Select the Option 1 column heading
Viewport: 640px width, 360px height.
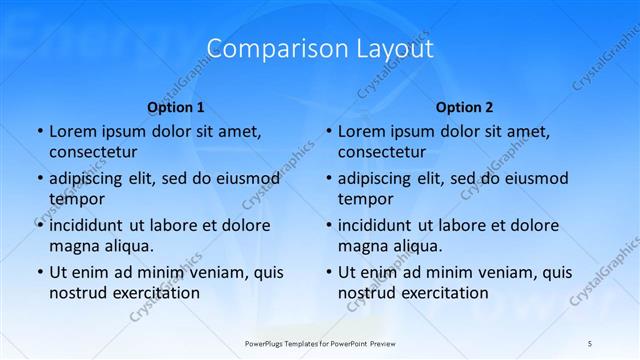point(176,106)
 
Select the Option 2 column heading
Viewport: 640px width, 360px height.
point(464,106)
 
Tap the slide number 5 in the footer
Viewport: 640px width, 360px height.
point(589,343)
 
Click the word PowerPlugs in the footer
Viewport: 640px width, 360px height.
point(269,343)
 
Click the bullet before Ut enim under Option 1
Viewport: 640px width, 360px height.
point(39,272)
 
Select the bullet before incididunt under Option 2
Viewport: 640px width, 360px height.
point(328,225)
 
